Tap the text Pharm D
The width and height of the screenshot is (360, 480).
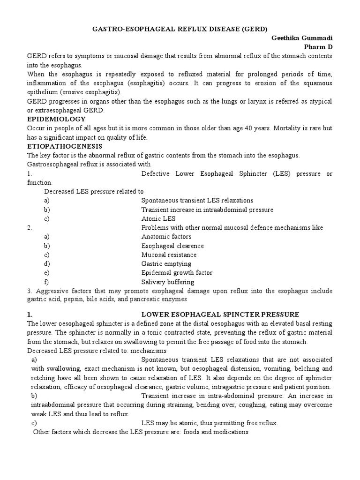[x=318, y=47]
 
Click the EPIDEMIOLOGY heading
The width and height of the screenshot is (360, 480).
[x=56, y=120]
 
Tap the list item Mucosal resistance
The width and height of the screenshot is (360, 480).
[x=169, y=255]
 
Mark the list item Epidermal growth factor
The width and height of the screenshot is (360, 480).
[x=177, y=273]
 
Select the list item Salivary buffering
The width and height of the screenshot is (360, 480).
[x=168, y=282]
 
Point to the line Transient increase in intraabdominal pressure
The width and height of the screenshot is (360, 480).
[x=207, y=210]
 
